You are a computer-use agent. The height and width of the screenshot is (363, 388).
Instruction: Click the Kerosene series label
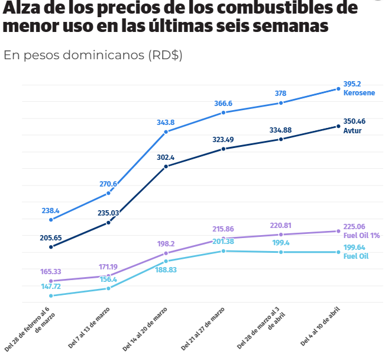[359, 94]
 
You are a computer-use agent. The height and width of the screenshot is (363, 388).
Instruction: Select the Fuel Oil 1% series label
[361, 235]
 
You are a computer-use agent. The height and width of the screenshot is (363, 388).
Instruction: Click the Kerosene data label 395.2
[352, 84]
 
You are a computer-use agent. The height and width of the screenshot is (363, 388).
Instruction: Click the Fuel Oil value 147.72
[51, 286]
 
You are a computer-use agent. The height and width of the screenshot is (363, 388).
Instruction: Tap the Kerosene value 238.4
[51, 210]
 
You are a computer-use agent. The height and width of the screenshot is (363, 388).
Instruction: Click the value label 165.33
[51, 271]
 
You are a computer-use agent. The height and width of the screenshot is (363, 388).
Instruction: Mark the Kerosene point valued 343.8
[166, 131]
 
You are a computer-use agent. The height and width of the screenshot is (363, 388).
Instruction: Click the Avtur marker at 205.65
[51, 246]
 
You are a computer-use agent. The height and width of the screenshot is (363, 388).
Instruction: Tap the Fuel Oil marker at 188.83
[166, 261]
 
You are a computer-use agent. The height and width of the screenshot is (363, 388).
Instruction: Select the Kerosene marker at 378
[280, 102]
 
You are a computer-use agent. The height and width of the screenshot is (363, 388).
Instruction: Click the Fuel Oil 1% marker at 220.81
[280, 234]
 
